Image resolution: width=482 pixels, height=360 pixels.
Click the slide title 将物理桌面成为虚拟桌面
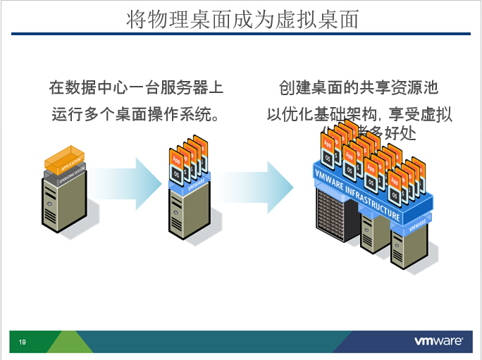pos(242,19)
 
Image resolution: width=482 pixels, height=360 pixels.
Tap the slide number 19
pos(22,342)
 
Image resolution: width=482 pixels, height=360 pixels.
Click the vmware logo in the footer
pos(438,342)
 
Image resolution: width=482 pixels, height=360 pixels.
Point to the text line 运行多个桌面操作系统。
pos(136,113)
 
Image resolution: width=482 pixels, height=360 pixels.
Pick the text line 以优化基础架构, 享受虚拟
pos(359,113)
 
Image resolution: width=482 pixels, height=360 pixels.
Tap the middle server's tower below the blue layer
pos(187,215)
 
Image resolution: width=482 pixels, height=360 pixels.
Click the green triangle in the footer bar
pos(70,342)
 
